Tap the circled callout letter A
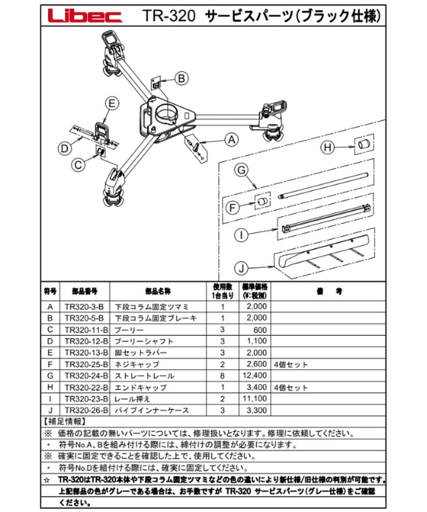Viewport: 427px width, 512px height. tap(231, 140)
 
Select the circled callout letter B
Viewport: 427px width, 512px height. tap(181, 78)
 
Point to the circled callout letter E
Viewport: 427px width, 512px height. tap(111, 104)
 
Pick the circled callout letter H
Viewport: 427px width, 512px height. tap(329, 147)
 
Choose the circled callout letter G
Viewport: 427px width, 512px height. tap(241, 170)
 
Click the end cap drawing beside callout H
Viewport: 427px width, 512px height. tap(363, 144)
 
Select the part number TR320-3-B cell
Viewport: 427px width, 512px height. tap(84, 307)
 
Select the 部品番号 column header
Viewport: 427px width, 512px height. tap(84, 292)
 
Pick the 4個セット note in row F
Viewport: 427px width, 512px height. tap(291, 365)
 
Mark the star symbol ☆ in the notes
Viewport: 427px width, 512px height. tap(48, 479)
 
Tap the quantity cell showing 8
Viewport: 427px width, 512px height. tap(224, 377)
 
